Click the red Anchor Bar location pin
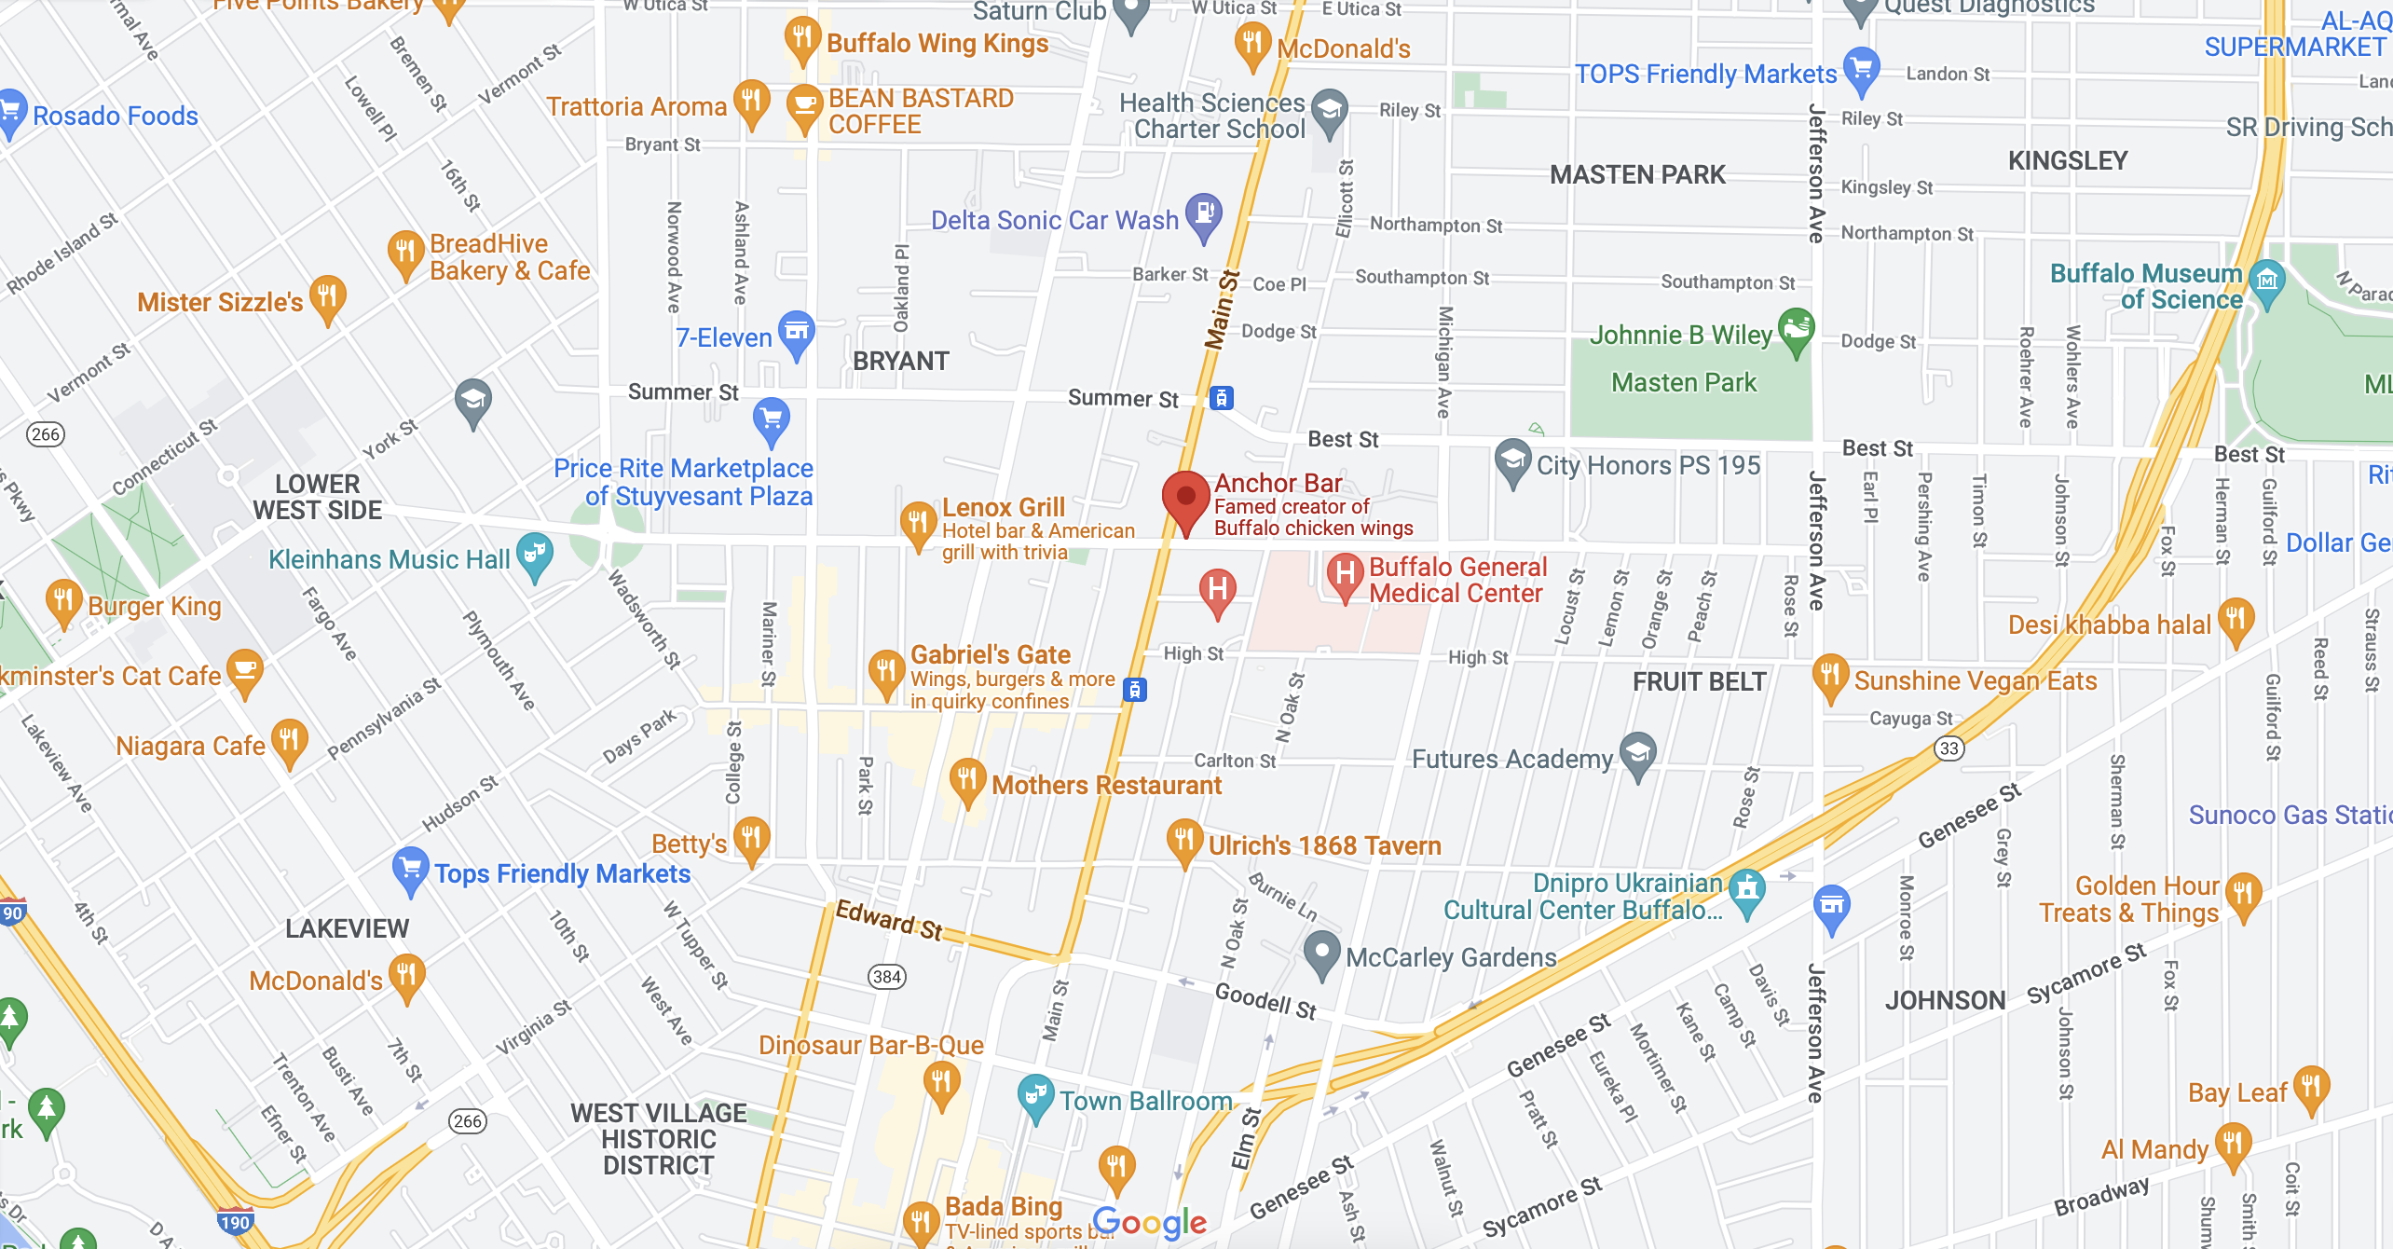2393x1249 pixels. pos(1185,498)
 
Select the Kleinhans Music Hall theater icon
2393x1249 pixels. pos(535,554)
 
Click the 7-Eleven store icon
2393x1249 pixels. pos(797,332)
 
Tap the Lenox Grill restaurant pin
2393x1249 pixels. pos(918,522)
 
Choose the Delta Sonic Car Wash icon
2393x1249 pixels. pos(1204,213)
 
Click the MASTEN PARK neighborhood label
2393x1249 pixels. pos(1637,174)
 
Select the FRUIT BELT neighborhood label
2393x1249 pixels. pos(1699,681)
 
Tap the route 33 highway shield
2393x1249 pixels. pos(1949,748)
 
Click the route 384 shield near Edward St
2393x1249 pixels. pos(886,977)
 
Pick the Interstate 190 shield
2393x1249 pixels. pos(235,1222)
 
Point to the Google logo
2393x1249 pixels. pos(1150,1222)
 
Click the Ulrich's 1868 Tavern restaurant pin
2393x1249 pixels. pos(1183,840)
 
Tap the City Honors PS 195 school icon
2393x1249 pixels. pos(1512,460)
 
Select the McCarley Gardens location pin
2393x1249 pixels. pos(1321,952)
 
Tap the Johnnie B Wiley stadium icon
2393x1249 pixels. pos(1796,329)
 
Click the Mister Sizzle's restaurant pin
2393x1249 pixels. pos(327,296)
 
